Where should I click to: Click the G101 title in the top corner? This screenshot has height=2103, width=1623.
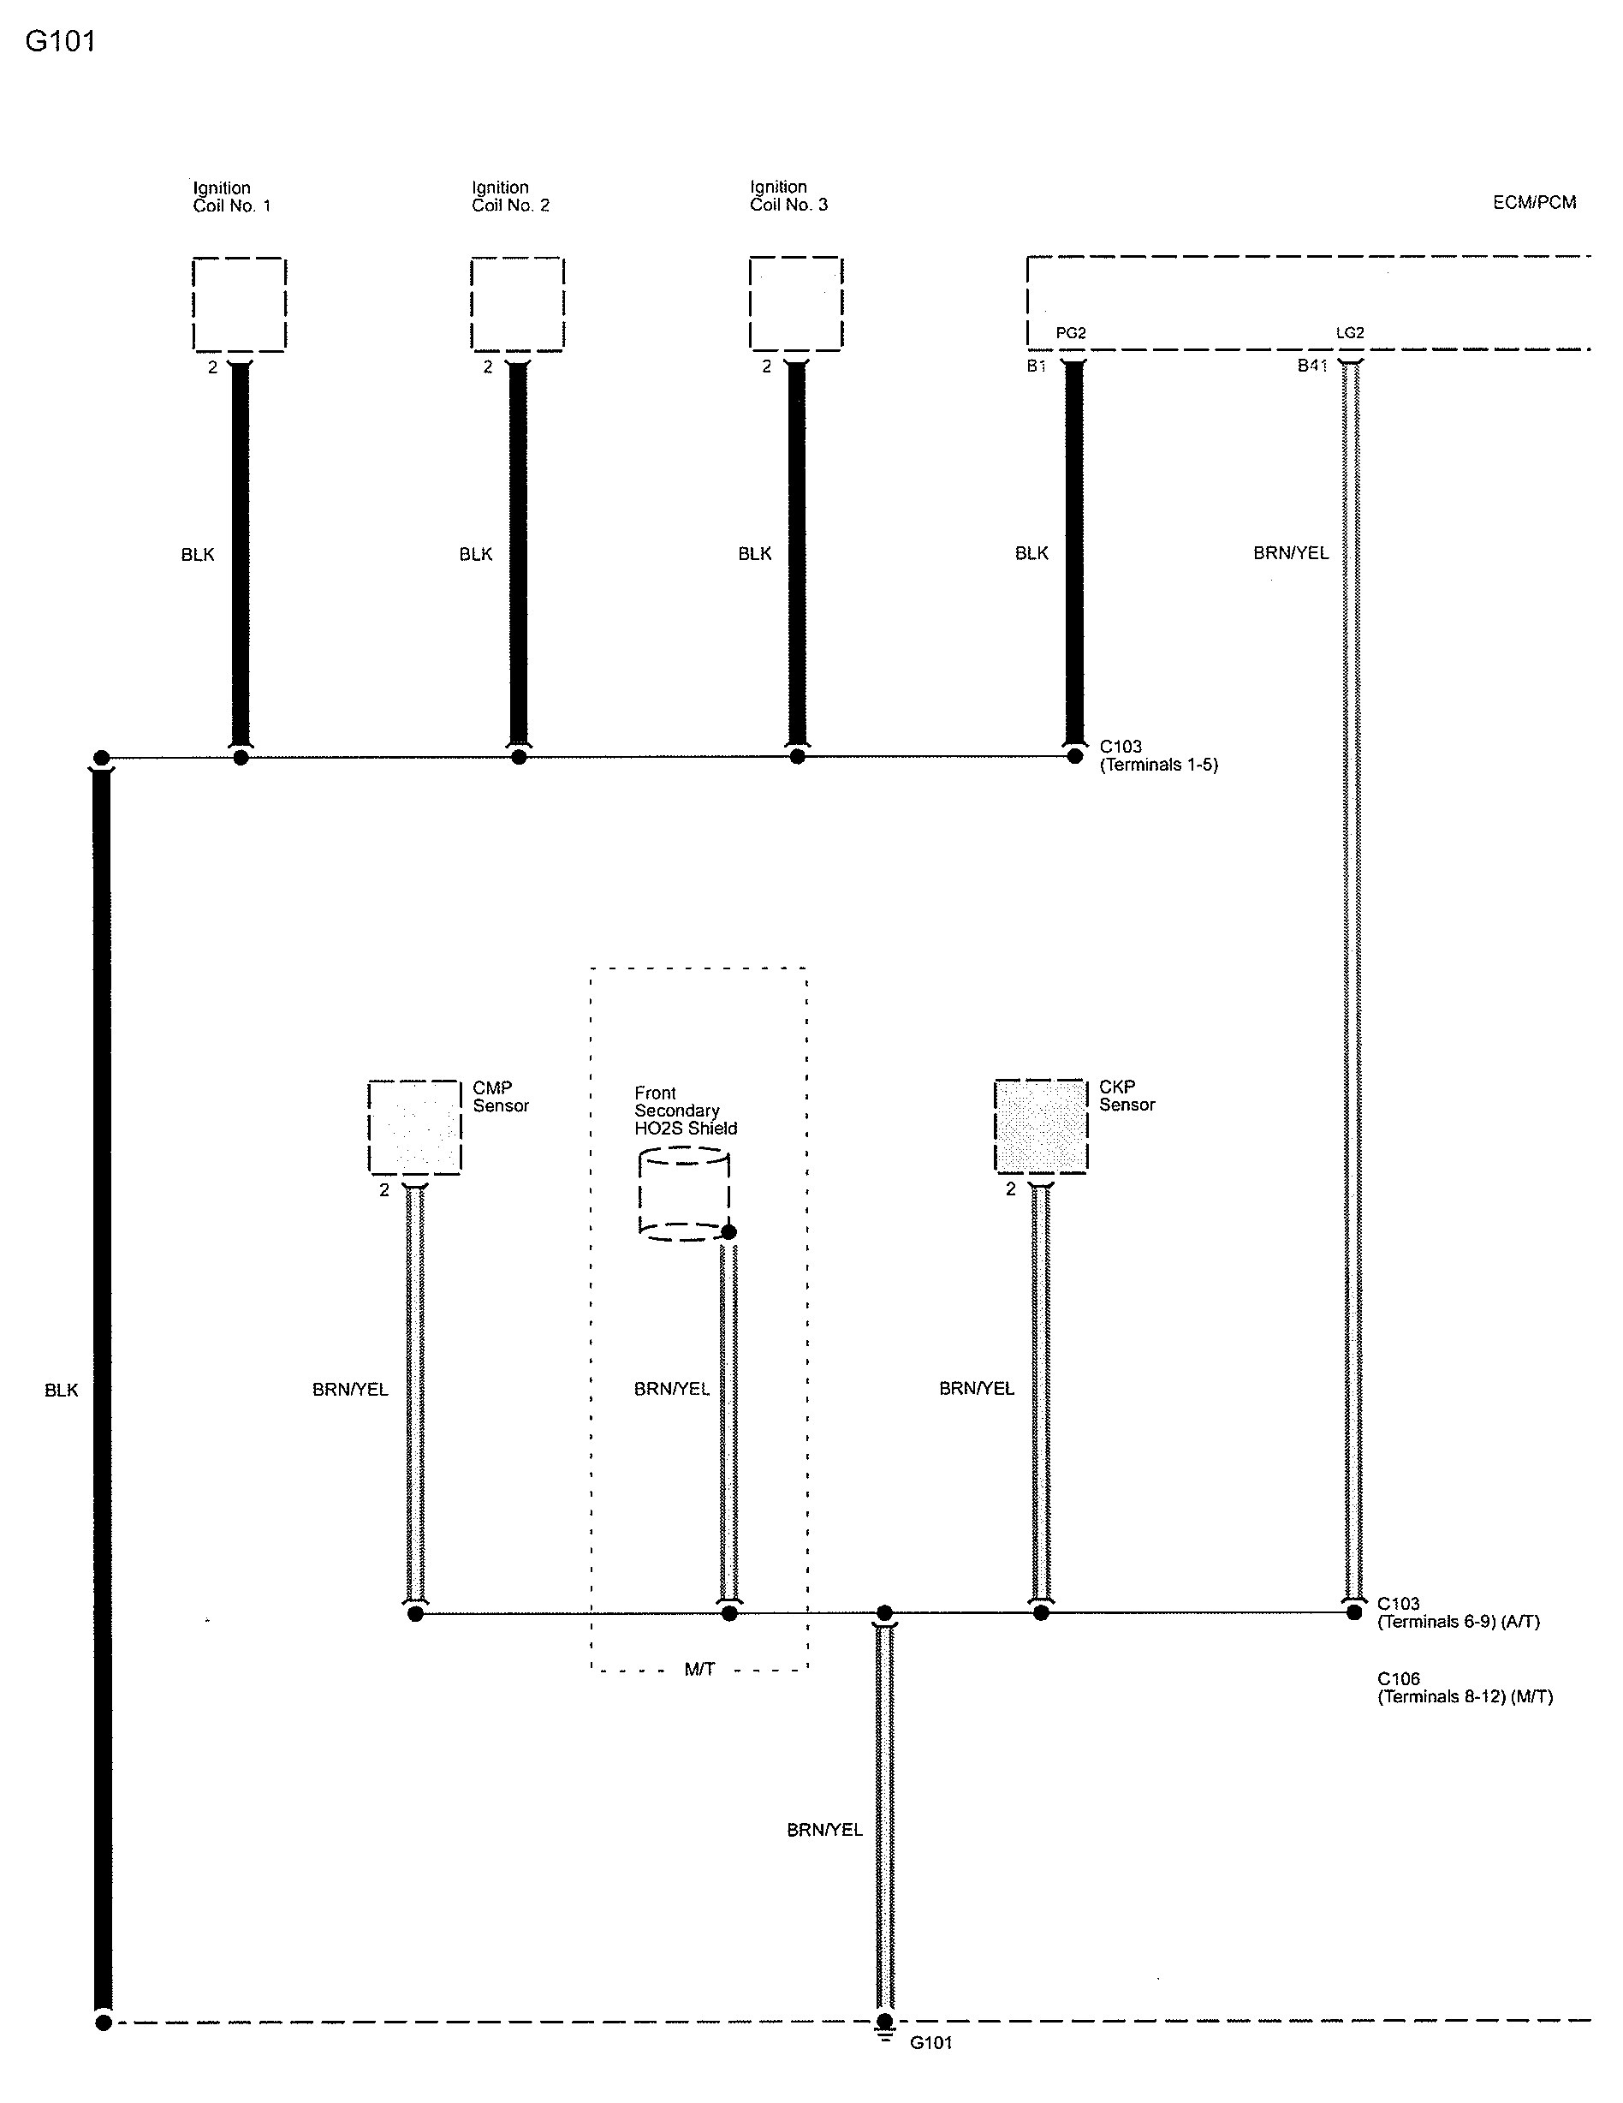coord(60,41)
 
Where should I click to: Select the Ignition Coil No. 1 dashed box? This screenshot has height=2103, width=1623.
coord(239,304)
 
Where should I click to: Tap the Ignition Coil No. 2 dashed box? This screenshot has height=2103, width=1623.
coord(517,304)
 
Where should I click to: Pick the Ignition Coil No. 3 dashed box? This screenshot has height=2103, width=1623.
coord(795,303)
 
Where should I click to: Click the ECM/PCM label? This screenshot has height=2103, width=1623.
coord(1533,202)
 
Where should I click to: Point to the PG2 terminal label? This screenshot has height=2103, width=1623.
coord(1071,333)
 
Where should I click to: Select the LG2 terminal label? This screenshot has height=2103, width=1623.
coord(1350,333)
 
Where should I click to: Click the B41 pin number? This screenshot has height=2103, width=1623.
coord(1312,366)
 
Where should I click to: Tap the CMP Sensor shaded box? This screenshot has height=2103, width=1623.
coord(415,1127)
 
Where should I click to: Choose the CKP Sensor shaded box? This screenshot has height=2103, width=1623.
coord(1041,1126)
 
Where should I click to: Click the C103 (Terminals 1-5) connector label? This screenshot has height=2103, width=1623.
coord(1158,756)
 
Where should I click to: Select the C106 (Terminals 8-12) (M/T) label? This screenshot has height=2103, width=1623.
coord(1464,1688)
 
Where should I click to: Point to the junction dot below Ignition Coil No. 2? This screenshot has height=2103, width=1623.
coord(519,757)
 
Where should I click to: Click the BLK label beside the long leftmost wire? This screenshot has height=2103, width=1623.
coord(61,1391)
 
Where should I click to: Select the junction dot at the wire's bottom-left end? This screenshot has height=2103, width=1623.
coord(103,2023)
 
